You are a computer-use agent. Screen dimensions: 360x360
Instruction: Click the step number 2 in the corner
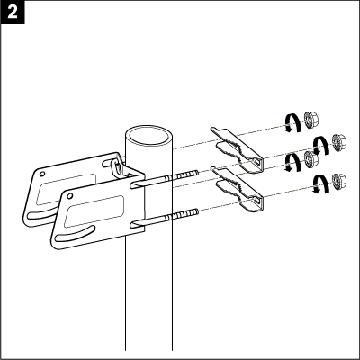pos(13,13)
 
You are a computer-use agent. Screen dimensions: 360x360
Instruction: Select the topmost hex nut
pos(310,119)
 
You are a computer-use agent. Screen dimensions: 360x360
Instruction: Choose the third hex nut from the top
pos(310,158)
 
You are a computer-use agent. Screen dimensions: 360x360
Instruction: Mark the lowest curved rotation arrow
pos(319,184)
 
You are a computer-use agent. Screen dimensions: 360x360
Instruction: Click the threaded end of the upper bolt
pos(182,175)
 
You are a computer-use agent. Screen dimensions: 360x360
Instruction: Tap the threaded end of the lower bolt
pos(182,214)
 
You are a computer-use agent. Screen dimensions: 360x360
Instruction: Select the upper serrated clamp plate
pos(237,150)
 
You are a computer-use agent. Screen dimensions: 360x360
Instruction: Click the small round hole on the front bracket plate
pos(70,196)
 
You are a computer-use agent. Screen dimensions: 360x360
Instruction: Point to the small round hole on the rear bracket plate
pos(42,174)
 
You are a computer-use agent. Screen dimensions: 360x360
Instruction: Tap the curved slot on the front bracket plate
pos(75,234)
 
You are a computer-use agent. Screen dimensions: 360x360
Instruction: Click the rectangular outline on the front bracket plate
pos(94,211)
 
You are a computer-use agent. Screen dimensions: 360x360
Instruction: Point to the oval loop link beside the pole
pos(116,167)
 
